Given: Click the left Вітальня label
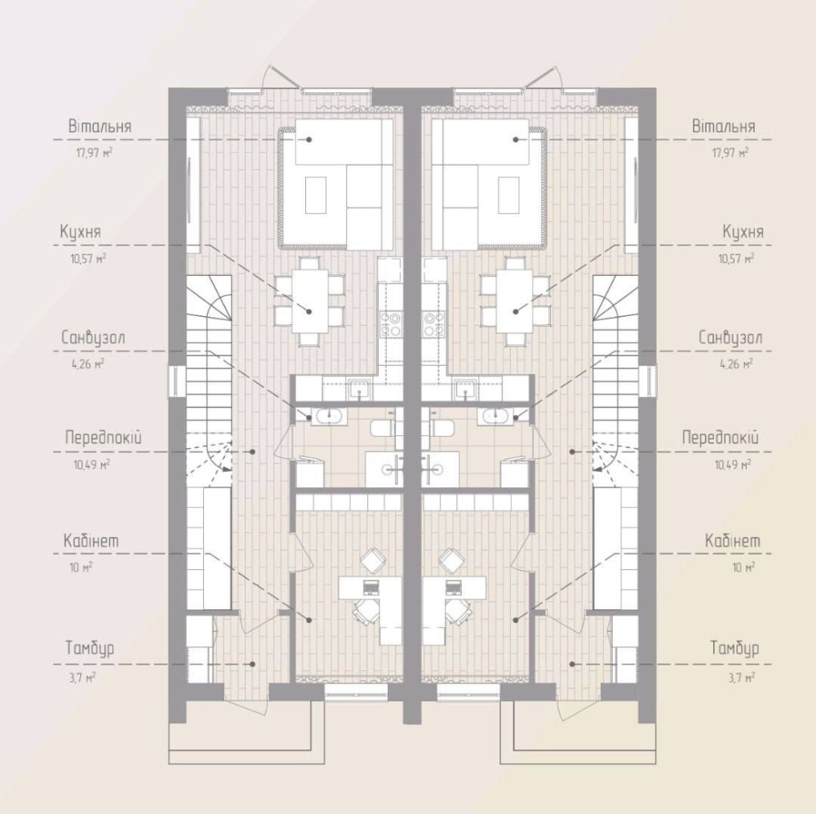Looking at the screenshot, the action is [x=100, y=127].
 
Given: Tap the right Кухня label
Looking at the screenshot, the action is [x=743, y=232].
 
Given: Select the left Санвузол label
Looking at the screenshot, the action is [x=93, y=338].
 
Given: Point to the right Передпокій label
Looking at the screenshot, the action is [x=720, y=438].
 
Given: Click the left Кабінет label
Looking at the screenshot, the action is [x=91, y=540].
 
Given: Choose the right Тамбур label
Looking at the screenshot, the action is [x=735, y=649].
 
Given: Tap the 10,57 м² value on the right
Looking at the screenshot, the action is [x=736, y=258].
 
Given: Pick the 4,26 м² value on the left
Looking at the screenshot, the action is [x=88, y=363].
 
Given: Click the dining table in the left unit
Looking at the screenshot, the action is [x=310, y=300].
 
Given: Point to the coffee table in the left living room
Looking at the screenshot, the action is [x=316, y=194].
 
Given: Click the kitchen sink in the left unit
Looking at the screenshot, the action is [x=360, y=389].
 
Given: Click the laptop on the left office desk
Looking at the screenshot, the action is [x=370, y=588].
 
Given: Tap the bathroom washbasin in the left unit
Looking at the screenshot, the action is [x=327, y=416].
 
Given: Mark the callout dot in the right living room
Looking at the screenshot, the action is [x=516, y=140].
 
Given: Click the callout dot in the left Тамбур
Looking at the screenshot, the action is [x=253, y=664].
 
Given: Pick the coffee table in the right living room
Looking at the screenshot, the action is [x=509, y=194].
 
